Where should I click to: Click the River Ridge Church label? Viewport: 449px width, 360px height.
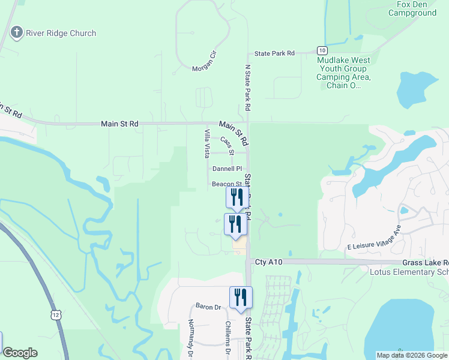pos(61,33)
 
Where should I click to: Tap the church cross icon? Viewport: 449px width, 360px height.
pos(17,33)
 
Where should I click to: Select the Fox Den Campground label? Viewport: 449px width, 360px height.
pos(412,8)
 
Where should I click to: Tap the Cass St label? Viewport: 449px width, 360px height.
pos(226,143)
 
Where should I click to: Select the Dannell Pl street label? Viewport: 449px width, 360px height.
pos(227,169)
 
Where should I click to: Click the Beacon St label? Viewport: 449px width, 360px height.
pos(226,184)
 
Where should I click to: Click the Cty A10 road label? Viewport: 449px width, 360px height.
pos(268,262)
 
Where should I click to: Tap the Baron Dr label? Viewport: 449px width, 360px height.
pos(208,307)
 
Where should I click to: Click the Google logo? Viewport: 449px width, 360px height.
pos(20,353)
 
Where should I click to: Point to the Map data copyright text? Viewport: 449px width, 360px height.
pos(411,355)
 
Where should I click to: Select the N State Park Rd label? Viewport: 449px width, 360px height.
pos(247,88)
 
